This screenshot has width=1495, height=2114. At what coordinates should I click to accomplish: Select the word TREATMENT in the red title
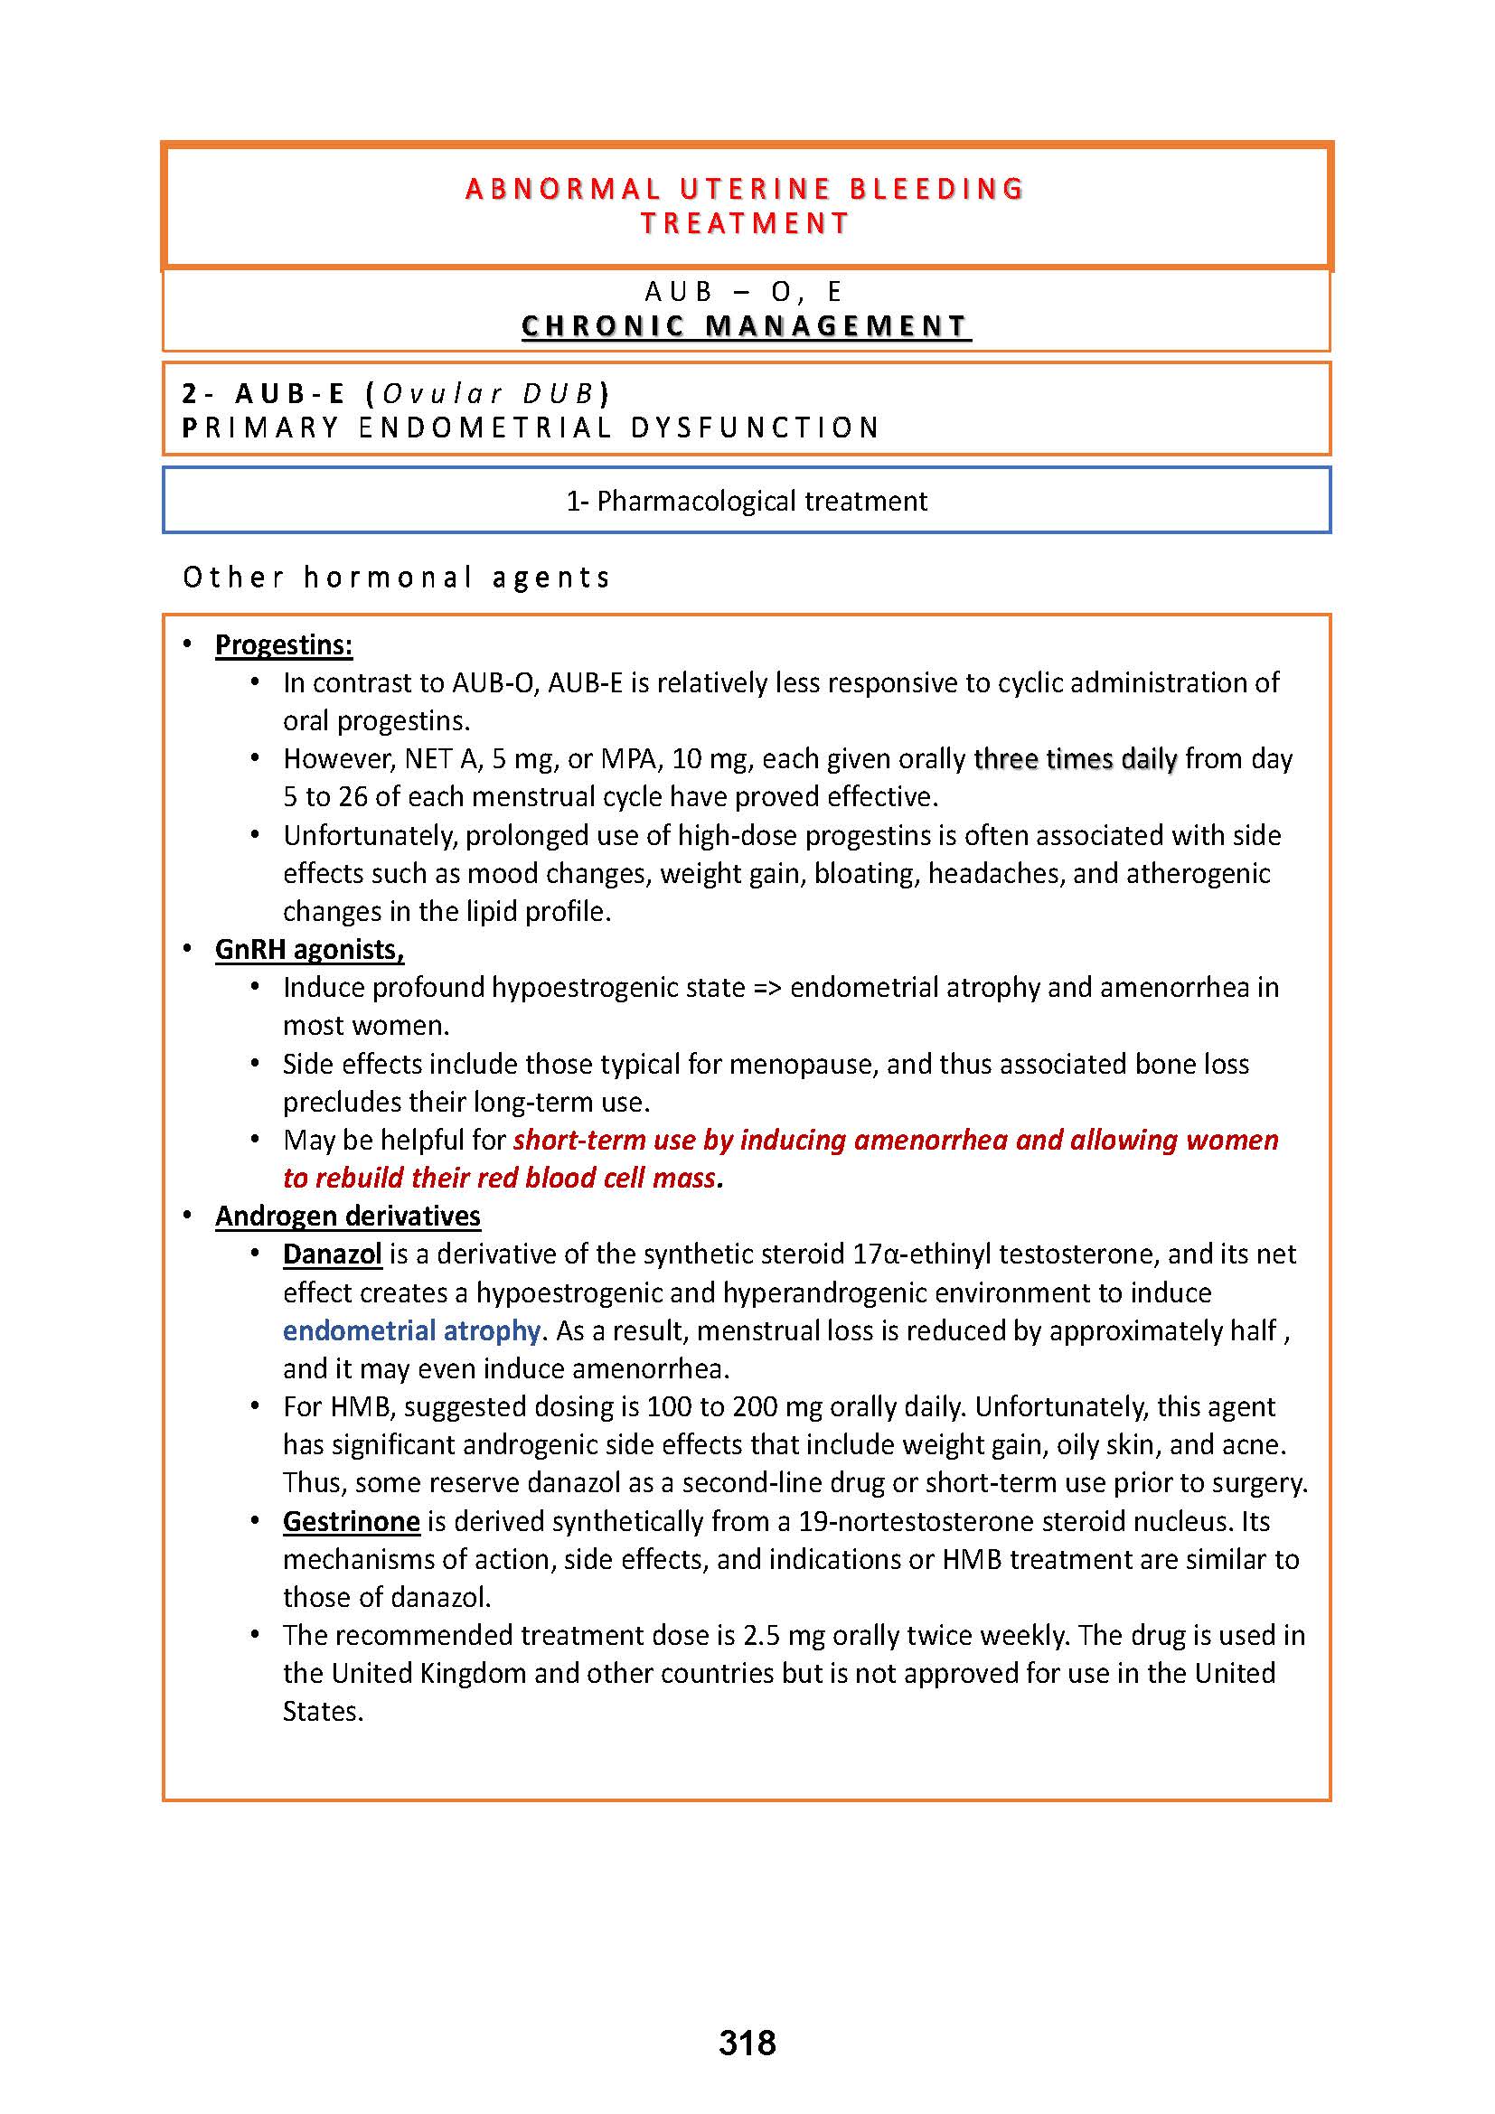[x=746, y=224]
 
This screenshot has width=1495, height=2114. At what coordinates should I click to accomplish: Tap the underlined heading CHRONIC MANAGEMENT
[x=746, y=326]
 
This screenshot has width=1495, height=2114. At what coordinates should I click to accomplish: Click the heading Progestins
[x=284, y=645]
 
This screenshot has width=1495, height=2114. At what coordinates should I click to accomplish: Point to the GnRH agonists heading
[x=309, y=949]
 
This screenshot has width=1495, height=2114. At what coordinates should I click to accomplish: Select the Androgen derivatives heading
[x=347, y=1217]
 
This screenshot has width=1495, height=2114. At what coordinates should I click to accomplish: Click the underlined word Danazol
[x=333, y=1254]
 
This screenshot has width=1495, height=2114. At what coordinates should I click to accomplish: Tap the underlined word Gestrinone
[x=351, y=1521]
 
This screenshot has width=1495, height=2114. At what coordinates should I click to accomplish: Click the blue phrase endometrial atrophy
[x=411, y=1330]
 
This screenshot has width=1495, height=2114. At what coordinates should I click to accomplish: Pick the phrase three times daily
[x=1076, y=758]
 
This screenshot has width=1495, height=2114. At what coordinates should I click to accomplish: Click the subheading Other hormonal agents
[x=397, y=578]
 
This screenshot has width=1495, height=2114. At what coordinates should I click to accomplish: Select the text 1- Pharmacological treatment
[x=747, y=501]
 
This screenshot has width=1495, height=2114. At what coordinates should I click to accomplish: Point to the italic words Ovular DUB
[x=488, y=394]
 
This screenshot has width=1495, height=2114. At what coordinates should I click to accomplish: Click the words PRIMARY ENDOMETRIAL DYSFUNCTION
[x=531, y=428]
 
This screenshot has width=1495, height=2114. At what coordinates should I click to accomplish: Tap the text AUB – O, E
[x=744, y=292]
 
